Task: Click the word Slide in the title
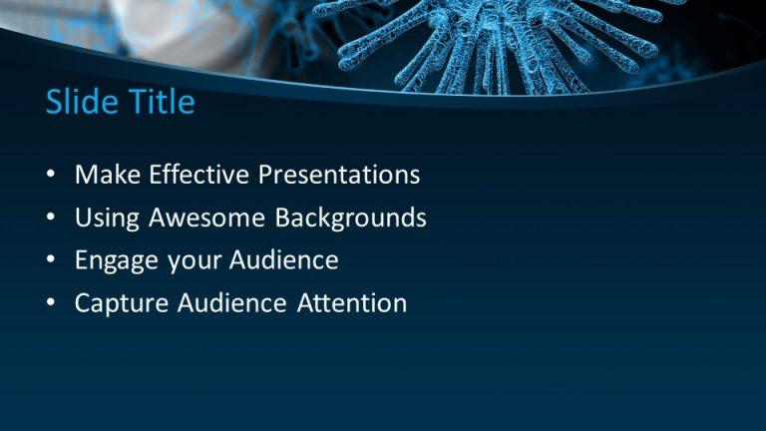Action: (x=79, y=102)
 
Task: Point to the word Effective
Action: (x=198, y=176)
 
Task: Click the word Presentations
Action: (x=339, y=176)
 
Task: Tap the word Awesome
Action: (x=205, y=217)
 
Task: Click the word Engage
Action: (x=111, y=261)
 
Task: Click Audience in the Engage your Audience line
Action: (x=284, y=260)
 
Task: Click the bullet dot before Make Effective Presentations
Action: (x=51, y=177)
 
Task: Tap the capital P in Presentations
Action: (x=266, y=176)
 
